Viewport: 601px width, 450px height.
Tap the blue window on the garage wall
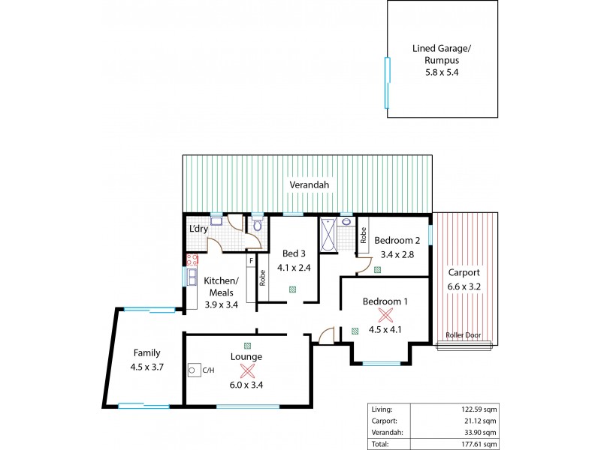[x=388, y=82]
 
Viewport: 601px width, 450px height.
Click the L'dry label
[x=198, y=228]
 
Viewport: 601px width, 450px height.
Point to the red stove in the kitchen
[x=192, y=260]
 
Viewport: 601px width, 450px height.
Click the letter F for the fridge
[x=251, y=260]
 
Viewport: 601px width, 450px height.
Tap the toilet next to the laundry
[x=257, y=224]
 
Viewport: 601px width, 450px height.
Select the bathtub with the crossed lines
[x=329, y=235]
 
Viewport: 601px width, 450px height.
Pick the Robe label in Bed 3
[x=263, y=278]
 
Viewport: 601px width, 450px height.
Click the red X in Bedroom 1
[x=385, y=315]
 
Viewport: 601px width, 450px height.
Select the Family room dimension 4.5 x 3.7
[x=146, y=367]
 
